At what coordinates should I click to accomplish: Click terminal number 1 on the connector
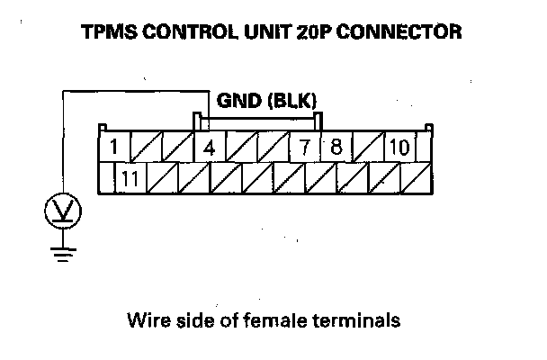pos(112,147)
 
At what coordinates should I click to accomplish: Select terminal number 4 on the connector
pos(210,147)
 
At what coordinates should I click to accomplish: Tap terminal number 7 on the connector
pos(306,147)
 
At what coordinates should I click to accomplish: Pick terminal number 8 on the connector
pos(336,147)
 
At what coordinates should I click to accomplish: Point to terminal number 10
pos(400,147)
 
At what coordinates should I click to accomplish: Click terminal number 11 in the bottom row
pos(130,177)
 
